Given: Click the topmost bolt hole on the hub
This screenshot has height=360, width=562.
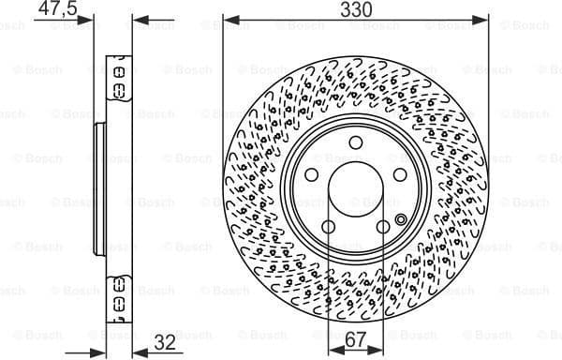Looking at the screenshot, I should pyautogui.click(x=356, y=142).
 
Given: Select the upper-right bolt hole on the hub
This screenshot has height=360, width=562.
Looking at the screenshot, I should pyautogui.click(x=400, y=174).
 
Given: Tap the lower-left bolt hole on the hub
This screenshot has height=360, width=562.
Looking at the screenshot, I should pyautogui.click(x=329, y=227).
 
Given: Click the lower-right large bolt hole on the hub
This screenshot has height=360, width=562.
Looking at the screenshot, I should pyautogui.click(x=383, y=227).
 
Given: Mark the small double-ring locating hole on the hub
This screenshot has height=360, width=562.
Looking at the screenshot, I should pyautogui.click(x=401, y=221).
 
